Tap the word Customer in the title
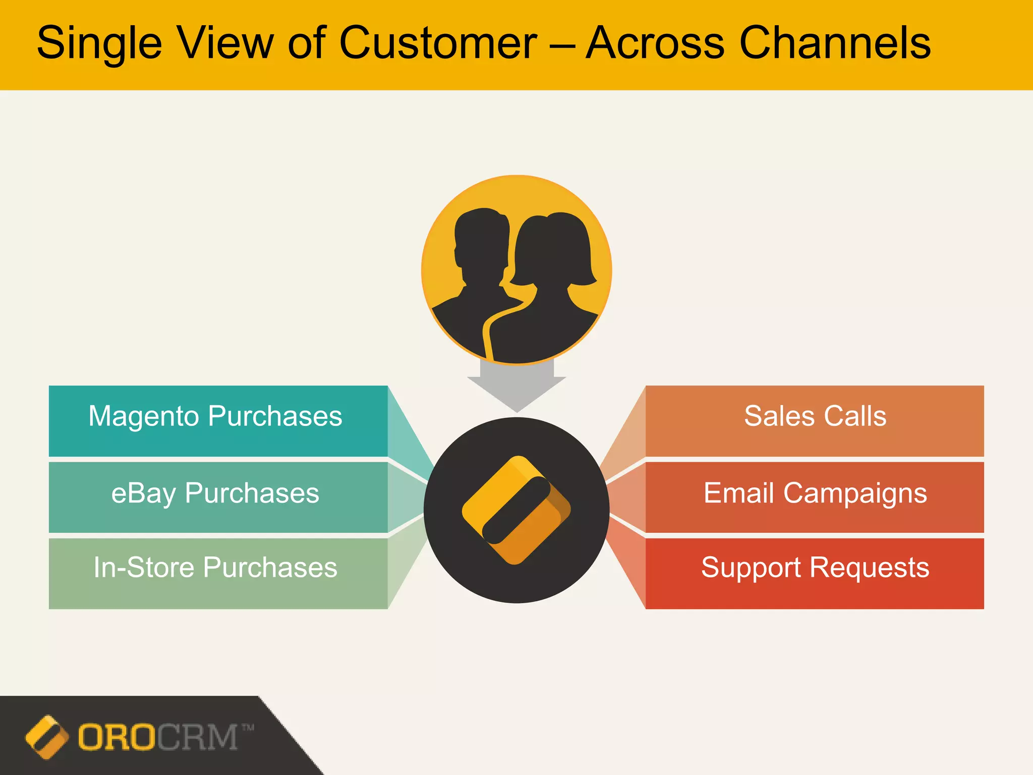(x=438, y=43)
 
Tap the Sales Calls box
(x=815, y=421)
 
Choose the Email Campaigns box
(x=815, y=496)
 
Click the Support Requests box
(x=815, y=573)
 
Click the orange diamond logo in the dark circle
(x=516, y=510)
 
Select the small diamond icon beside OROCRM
(x=46, y=737)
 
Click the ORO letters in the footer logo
(x=117, y=737)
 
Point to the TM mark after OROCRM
(x=248, y=728)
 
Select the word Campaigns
(x=855, y=493)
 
